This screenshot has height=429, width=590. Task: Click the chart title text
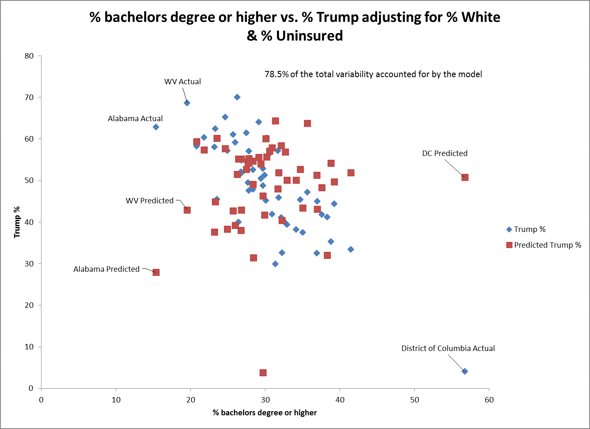click(x=295, y=26)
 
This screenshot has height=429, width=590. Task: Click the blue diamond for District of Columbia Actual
click(x=465, y=371)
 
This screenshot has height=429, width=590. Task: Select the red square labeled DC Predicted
click(x=465, y=177)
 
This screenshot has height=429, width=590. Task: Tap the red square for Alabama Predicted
click(x=156, y=272)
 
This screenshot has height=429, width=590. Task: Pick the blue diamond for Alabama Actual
click(x=156, y=127)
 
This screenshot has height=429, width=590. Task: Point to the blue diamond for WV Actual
click(x=187, y=103)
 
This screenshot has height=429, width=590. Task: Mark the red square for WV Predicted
click(x=187, y=210)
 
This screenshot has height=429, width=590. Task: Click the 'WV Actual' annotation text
click(x=182, y=82)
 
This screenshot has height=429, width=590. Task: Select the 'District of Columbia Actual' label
click(x=448, y=349)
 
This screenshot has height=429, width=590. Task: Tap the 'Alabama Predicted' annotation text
click(x=107, y=269)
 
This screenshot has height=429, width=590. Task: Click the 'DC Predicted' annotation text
click(x=444, y=154)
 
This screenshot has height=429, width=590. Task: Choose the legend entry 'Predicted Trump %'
click(x=547, y=245)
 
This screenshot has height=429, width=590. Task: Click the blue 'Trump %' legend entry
click(x=529, y=229)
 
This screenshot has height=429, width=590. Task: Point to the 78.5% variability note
click(x=373, y=74)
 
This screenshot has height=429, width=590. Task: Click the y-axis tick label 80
click(x=29, y=56)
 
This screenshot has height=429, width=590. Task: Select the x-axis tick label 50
click(x=414, y=400)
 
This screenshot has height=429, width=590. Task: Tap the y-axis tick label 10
click(x=29, y=347)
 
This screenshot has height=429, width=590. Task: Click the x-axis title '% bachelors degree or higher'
click(x=265, y=413)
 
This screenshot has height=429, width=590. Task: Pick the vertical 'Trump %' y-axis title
click(x=17, y=222)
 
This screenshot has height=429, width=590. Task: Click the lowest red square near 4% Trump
click(x=263, y=373)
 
